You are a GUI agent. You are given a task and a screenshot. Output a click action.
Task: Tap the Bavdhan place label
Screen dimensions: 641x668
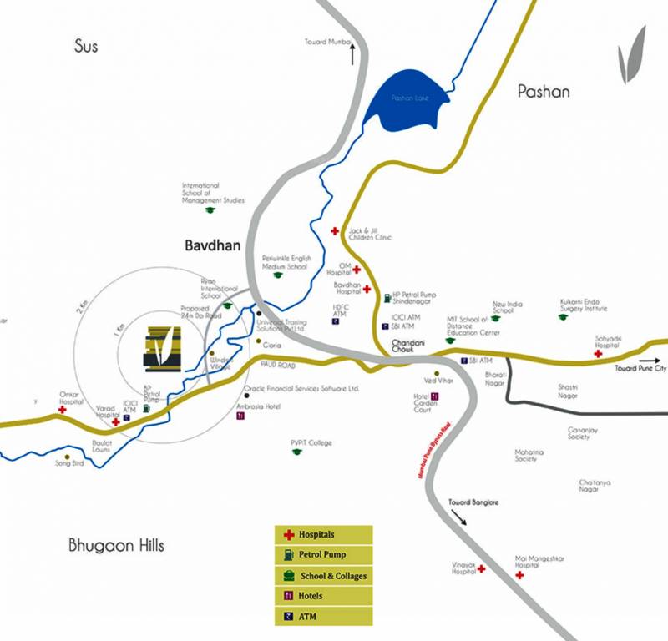point(210,246)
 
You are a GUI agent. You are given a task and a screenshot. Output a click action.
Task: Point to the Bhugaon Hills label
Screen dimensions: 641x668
point(116,546)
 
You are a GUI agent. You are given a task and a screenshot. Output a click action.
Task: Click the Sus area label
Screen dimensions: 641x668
point(85,46)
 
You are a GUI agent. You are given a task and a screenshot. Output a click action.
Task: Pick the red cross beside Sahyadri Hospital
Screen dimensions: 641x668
point(598,354)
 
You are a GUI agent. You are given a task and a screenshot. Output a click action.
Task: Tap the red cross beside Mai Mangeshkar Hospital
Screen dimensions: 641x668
point(519,575)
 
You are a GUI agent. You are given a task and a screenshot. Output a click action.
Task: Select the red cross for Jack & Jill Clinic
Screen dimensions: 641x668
point(335,230)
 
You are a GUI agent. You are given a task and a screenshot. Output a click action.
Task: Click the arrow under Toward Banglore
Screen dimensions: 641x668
point(458,517)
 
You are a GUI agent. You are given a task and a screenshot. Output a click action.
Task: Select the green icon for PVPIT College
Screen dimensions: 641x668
point(295,452)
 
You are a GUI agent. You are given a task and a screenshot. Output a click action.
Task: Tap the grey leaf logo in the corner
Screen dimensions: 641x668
point(631,55)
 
